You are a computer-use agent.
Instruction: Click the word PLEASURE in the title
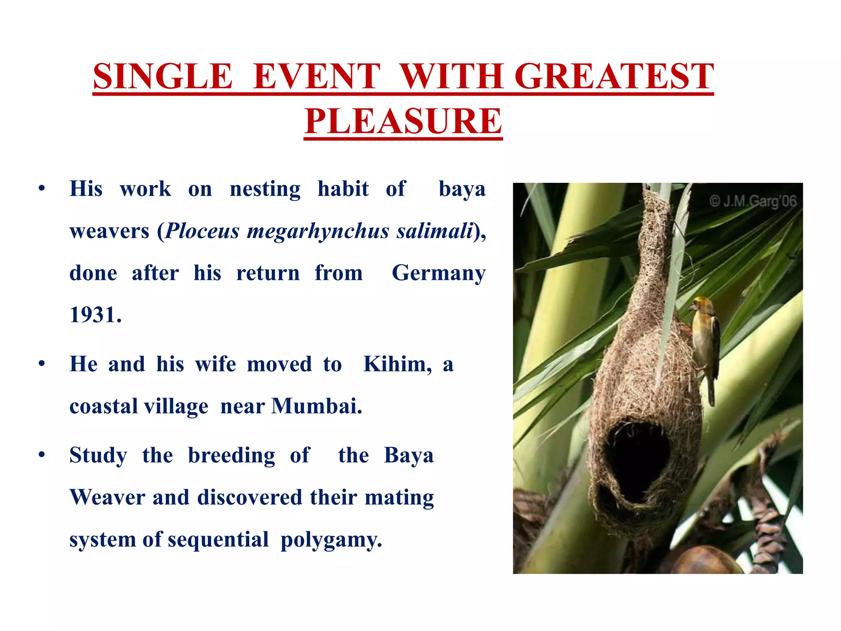(403, 121)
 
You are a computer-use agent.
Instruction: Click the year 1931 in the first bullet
(95, 315)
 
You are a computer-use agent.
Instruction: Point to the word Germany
(439, 273)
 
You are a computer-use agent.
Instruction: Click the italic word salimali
(434, 231)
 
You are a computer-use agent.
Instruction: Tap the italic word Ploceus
(202, 231)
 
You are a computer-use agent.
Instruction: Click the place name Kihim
(397, 364)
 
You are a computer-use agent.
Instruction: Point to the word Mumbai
(317, 406)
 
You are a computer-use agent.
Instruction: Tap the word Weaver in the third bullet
(107, 497)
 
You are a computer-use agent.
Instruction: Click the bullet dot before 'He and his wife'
(41, 364)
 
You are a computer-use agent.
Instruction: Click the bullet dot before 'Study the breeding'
(41, 455)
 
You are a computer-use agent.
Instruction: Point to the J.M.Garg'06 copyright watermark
(753, 201)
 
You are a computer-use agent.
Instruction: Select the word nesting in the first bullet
(265, 189)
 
